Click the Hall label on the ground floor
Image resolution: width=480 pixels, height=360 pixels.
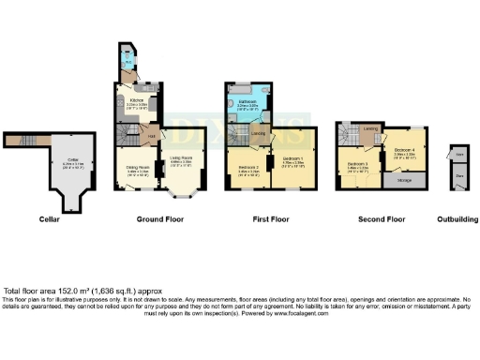click(149, 138)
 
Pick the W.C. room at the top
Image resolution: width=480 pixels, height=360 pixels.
click(126, 64)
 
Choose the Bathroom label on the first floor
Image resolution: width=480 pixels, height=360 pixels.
click(247, 102)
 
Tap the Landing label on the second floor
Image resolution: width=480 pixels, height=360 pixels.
click(370, 129)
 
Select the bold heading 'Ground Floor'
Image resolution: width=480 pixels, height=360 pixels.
click(160, 220)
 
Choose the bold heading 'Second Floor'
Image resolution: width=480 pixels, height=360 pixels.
click(382, 220)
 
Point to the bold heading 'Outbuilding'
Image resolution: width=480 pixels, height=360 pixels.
click(457, 220)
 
